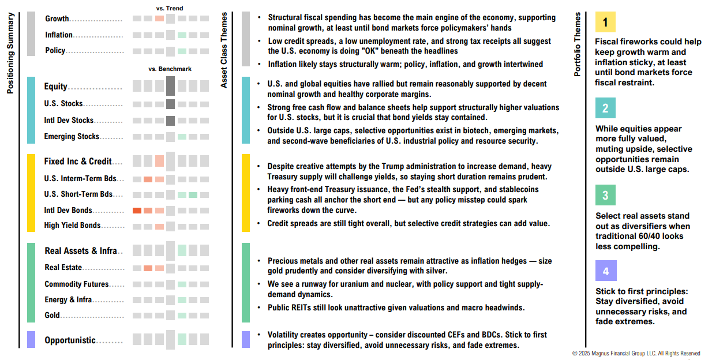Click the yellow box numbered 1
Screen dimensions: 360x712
tap(605, 22)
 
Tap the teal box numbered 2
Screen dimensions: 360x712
tap(605, 108)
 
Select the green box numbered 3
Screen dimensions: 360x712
tap(605, 195)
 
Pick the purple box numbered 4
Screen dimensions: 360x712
tap(605, 271)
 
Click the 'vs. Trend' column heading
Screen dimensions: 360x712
tap(170, 8)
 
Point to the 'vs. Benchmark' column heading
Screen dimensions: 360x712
tap(170, 69)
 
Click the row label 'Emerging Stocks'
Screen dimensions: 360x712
tap(72, 137)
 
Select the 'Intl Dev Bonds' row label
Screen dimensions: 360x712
tap(68, 211)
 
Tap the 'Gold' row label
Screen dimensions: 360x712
tap(52, 316)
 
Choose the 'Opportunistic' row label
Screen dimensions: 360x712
tap(70, 340)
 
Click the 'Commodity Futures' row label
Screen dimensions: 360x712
tap(76, 284)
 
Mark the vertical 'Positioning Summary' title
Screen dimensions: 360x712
tap(10, 47)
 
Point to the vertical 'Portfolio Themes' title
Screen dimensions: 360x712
tap(578, 45)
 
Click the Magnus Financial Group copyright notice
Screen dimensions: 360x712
tap(636, 353)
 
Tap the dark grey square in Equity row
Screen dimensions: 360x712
tap(170, 86)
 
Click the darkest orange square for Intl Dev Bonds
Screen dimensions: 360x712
tap(137, 211)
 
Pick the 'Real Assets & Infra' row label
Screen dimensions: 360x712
tap(80, 251)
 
